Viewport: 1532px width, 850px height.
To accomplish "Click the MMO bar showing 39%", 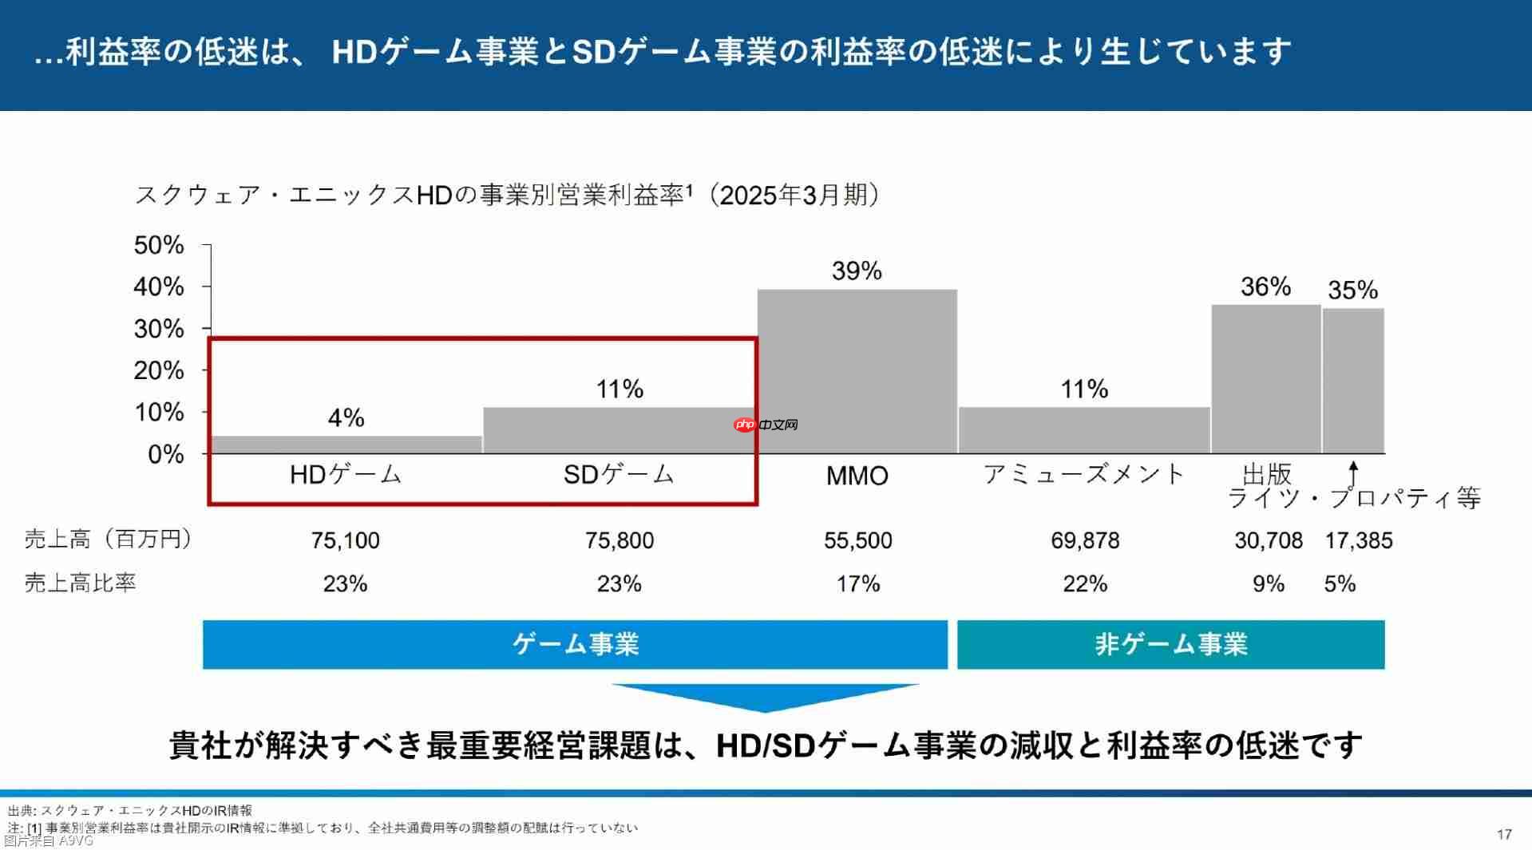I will pyautogui.click(x=857, y=371).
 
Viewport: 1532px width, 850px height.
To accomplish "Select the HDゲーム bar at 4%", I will pyautogui.click(x=346, y=445).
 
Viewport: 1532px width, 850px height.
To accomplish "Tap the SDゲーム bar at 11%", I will pyautogui.click(x=620, y=431).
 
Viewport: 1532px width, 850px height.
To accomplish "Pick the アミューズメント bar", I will pyautogui.click(x=1084, y=430).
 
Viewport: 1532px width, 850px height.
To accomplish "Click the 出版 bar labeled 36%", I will pyautogui.click(x=1265, y=379).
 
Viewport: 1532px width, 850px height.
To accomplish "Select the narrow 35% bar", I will pyautogui.click(x=1353, y=381).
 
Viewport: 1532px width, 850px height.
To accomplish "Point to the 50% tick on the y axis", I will pyautogui.click(x=159, y=245).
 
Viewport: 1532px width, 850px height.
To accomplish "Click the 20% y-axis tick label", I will pyautogui.click(x=159, y=370).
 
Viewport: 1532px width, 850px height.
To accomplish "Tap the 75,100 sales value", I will pyautogui.click(x=346, y=540).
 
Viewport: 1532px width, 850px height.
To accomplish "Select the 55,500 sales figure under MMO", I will pyautogui.click(x=857, y=540).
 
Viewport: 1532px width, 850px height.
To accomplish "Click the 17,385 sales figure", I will pyautogui.click(x=1359, y=540).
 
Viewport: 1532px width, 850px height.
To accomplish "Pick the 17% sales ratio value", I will pyautogui.click(x=857, y=583).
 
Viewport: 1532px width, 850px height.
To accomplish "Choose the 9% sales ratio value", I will pyautogui.click(x=1268, y=583).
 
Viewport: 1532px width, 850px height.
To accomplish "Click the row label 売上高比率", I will pyautogui.click(x=80, y=583).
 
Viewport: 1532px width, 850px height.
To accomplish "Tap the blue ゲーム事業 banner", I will pyautogui.click(x=575, y=644).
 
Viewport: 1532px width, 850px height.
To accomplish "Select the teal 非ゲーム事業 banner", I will pyautogui.click(x=1170, y=644).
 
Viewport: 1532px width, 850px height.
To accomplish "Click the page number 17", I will pyautogui.click(x=1504, y=834).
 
